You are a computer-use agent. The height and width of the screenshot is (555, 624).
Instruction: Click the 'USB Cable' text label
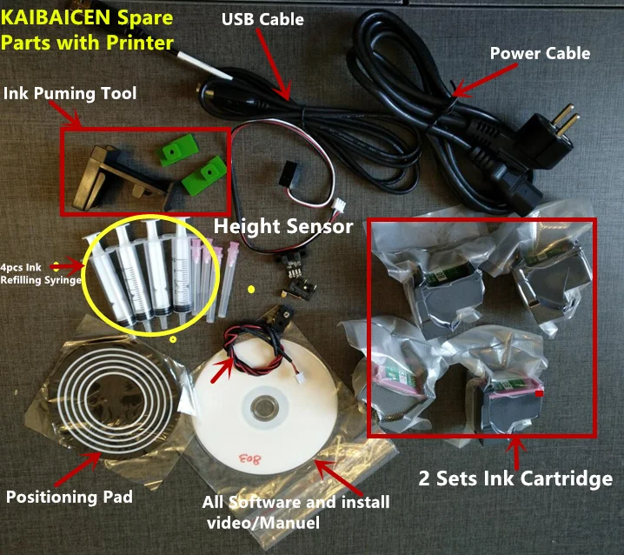click(x=263, y=19)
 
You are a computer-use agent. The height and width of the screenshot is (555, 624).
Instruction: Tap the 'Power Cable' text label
click(x=539, y=53)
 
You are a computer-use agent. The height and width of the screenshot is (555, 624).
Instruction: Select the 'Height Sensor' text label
click(x=283, y=227)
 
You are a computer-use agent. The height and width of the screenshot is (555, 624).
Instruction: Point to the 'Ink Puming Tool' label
click(x=69, y=93)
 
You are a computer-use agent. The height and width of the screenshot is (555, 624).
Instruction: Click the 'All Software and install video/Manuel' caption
click(x=295, y=512)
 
